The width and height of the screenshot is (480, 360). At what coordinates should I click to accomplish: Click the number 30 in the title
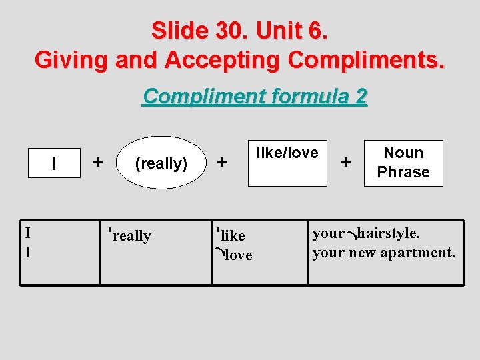pyautogui.click(x=229, y=31)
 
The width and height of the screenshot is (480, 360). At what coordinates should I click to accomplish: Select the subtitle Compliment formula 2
pyautogui.click(x=255, y=97)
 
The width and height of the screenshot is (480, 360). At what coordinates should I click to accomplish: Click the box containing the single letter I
pyautogui.click(x=53, y=163)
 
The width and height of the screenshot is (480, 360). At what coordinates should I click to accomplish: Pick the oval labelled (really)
pyautogui.click(x=161, y=163)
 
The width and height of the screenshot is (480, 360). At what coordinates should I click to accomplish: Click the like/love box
pyautogui.click(x=287, y=163)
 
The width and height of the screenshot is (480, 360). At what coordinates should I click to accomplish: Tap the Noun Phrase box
pyautogui.click(x=403, y=163)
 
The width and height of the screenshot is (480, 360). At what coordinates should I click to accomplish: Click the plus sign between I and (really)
pyautogui.click(x=98, y=161)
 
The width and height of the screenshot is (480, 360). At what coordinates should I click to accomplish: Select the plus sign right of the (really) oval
pyautogui.click(x=223, y=161)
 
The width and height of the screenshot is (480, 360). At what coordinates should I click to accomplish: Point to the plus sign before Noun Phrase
pyautogui.click(x=346, y=161)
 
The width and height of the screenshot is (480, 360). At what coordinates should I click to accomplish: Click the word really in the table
pyautogui.click(x=132, y=236)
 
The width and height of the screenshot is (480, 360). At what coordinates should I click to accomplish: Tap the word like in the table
pyautogui.click(x=233, y=236)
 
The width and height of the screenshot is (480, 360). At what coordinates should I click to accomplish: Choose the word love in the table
pyautogui.click(x=238, y=255)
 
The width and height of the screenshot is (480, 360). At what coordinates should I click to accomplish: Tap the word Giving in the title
pyautogui.click(x=71, y=59)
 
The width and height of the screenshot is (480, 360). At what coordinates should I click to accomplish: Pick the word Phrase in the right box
pyautogui.click(x=403, y=172)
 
